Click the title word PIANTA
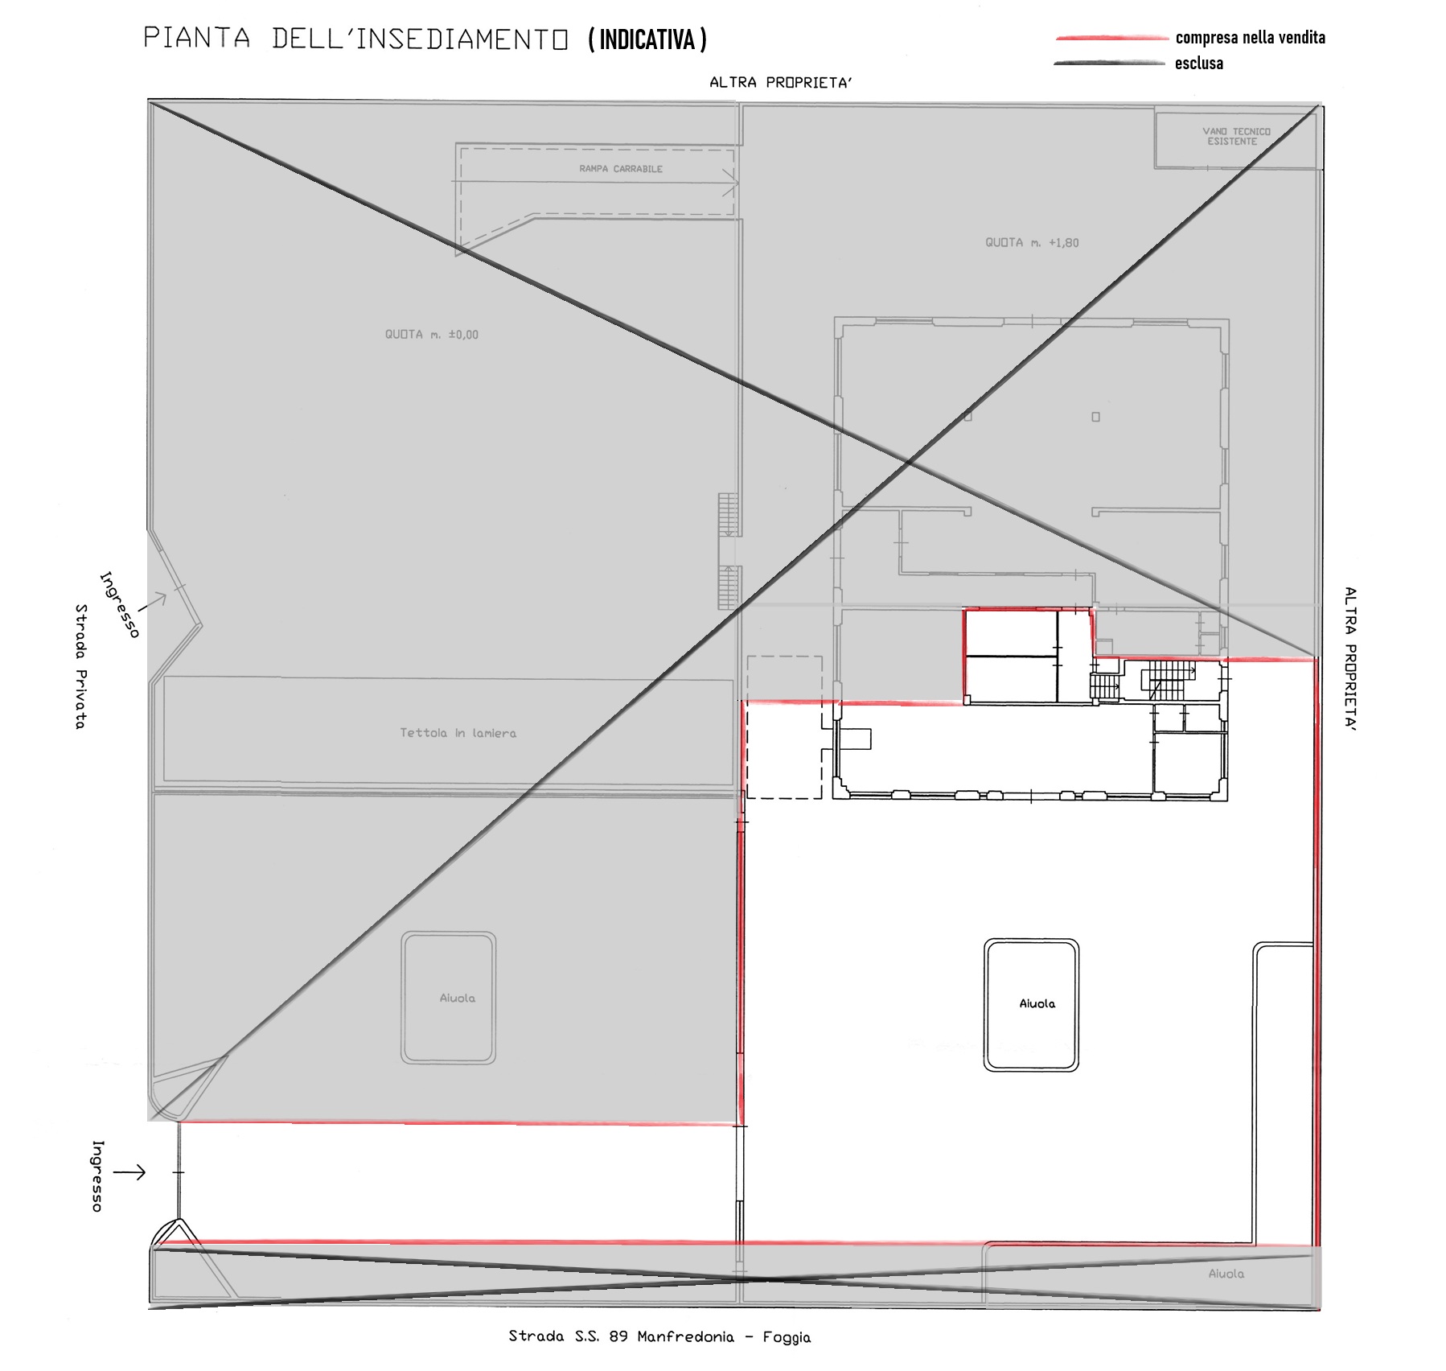[197, 38]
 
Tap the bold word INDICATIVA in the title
[647, 39]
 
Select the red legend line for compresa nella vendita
[1111, 38]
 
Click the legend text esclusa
[1199, 64]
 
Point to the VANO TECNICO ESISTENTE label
[1236, 136]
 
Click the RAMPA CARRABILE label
[621, 169]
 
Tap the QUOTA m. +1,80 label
[1032, 242]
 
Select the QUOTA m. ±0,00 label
[431, 335]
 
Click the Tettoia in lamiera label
[458, 733]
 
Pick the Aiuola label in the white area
[1037, 1003]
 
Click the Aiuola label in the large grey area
[457, 998]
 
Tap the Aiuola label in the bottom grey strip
[1226, 1274]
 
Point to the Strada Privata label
[80, 667]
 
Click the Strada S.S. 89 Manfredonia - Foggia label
[659, 1336]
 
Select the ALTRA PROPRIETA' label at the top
[780, 82]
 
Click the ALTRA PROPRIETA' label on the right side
[1350, 658]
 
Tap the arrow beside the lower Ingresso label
[129, 1172]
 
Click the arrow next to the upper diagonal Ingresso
[153, 601]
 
